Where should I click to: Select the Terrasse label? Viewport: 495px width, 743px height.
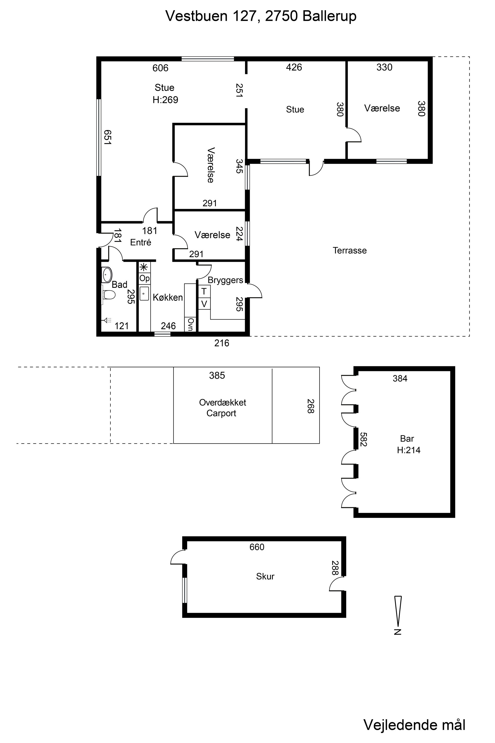[350, 250]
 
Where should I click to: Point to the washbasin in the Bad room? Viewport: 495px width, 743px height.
[107, 275]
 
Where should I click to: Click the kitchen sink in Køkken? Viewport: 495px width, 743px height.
[144, 293]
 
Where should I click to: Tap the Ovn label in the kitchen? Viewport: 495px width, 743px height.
[190, 324]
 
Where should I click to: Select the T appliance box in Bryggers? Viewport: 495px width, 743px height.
[204, 291]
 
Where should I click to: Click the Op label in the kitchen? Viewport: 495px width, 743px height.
[144, 278]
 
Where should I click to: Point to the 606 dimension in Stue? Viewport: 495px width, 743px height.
[160, 68]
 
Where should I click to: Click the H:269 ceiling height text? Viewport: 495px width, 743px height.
[165, 100]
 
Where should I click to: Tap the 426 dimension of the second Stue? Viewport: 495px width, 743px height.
[294, 67]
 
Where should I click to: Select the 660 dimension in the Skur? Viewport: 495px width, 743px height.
[257, 547]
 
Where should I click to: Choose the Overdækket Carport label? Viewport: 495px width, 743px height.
[222, 408]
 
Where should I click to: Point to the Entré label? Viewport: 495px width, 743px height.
[141, 242]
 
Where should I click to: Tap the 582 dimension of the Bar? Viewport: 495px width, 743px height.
[363, 439]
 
